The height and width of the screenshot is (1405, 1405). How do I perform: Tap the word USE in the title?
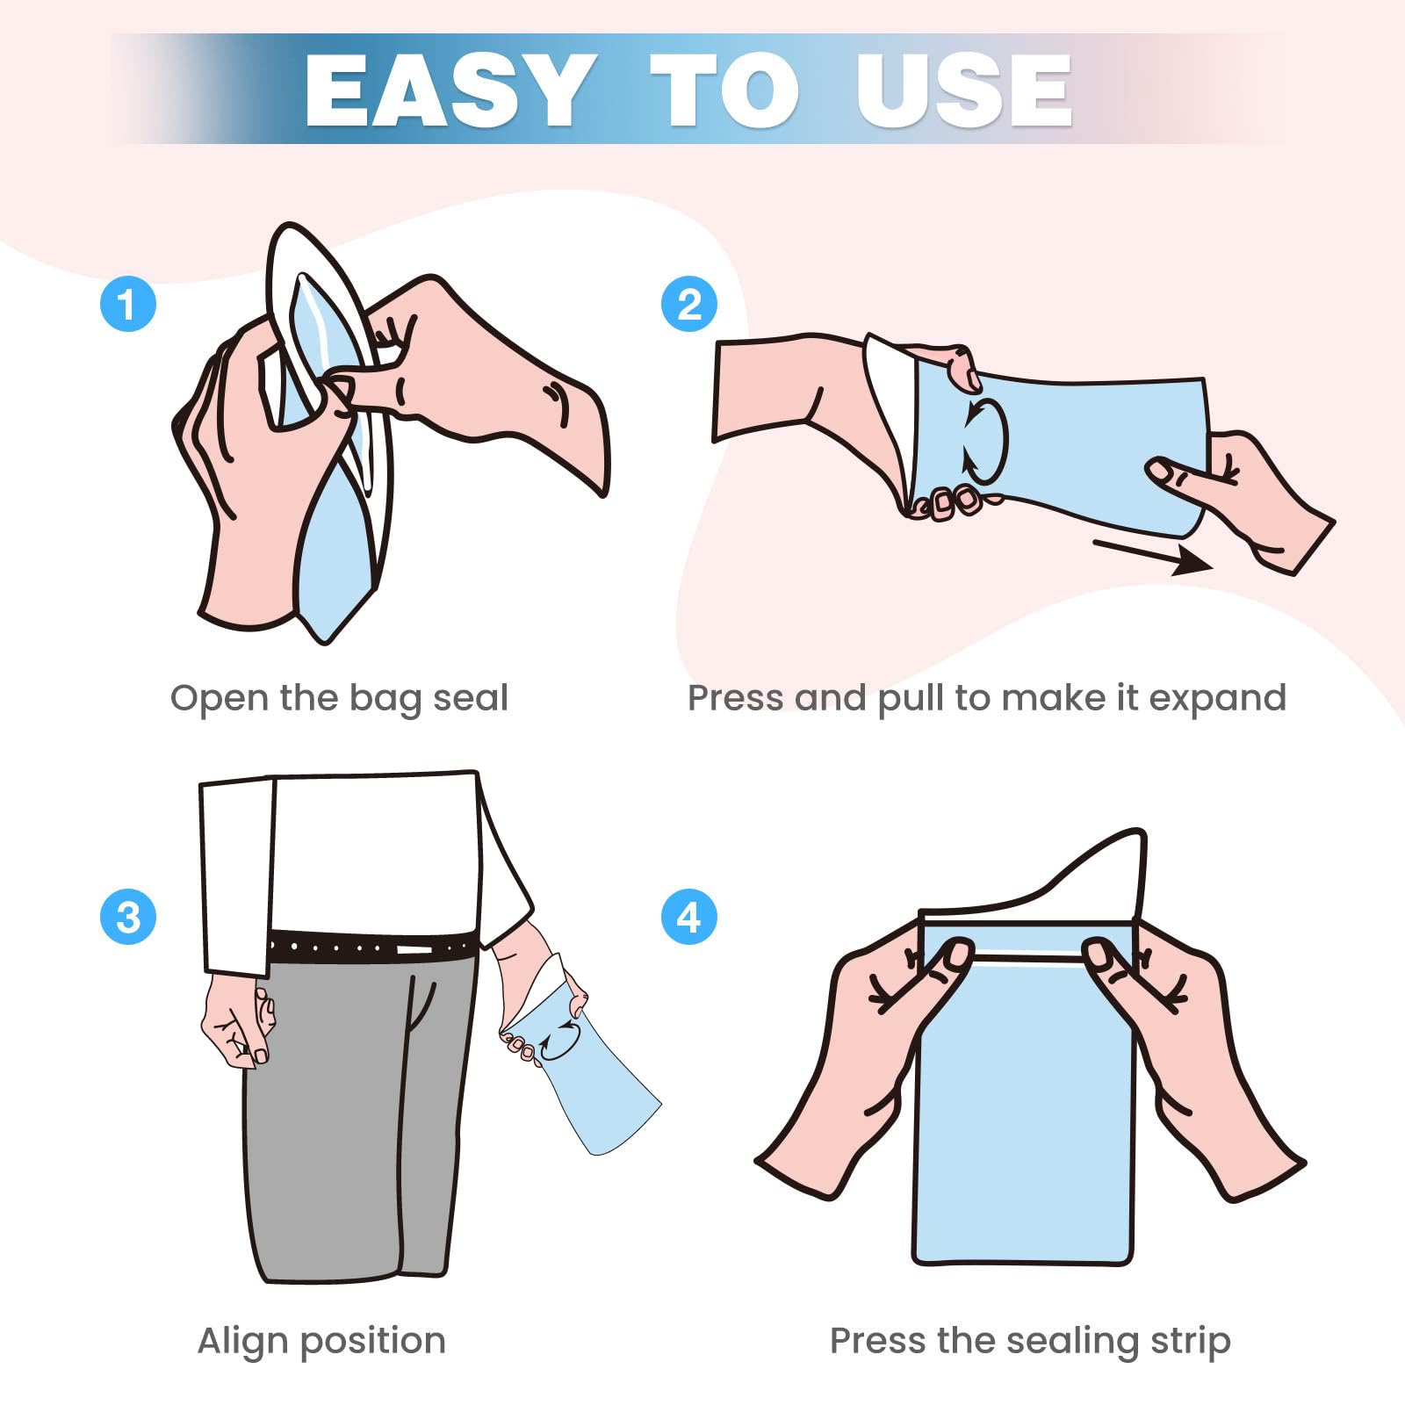pos(964,90)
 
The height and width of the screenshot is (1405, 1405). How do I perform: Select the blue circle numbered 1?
pos(128,304)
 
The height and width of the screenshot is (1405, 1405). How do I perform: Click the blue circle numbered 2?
pos(689,304)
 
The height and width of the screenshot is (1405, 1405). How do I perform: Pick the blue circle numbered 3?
pos(128,917)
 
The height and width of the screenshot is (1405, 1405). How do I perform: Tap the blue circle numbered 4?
pos(689,917)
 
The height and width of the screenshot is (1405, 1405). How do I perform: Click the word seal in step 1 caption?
pos(471,698)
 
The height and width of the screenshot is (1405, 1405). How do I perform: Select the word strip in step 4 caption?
pos(1188,1342)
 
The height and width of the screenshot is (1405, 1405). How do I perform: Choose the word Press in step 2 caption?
pos(736,698)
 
